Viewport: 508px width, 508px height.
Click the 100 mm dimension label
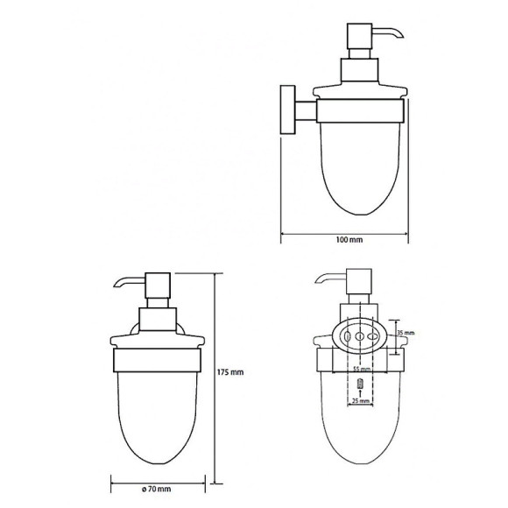point(349,239)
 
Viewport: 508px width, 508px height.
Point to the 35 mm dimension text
point(405,334)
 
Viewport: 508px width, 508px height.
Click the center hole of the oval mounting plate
point(361,335)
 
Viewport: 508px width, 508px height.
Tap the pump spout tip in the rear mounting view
point(316,282)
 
